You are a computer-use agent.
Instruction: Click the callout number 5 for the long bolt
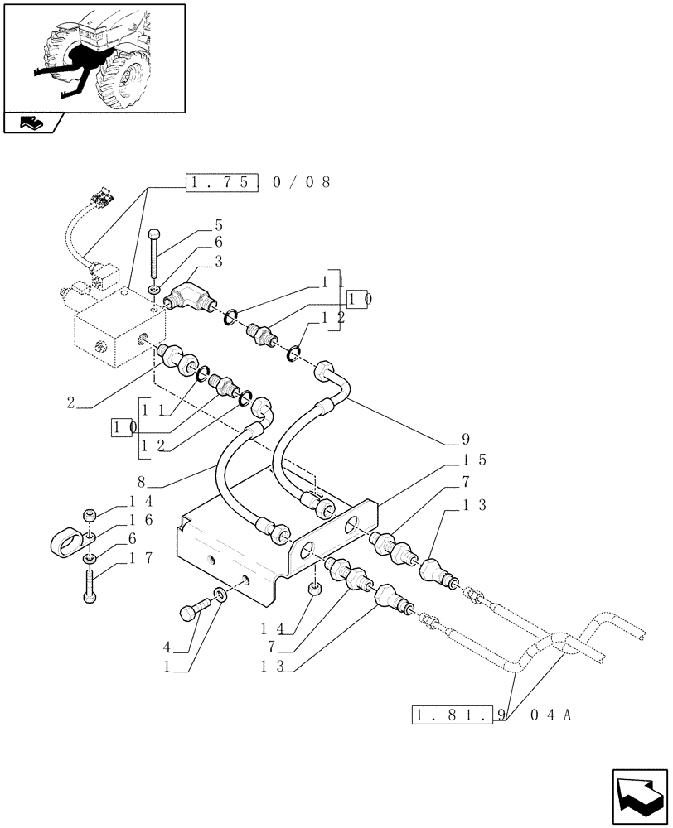218,225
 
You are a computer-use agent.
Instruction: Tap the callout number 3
218,261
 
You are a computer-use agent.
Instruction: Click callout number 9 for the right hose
465,439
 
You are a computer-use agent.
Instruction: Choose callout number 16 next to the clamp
140,520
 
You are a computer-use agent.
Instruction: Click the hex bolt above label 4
191,613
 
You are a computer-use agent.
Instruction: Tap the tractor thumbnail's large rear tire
128,79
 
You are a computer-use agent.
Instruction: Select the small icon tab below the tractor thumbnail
33,123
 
